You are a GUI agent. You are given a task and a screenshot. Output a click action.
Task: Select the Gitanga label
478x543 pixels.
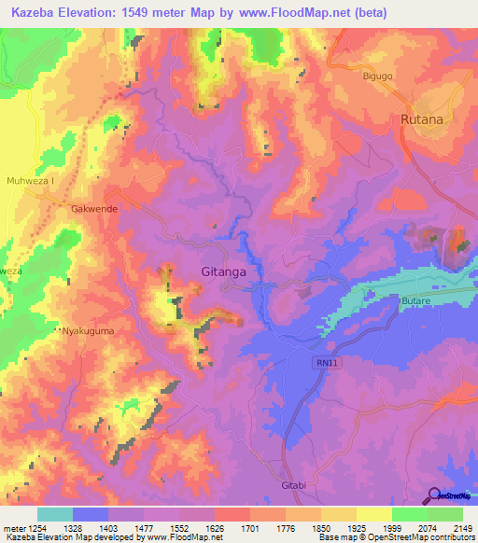pyautogui.click(x=223, y=272)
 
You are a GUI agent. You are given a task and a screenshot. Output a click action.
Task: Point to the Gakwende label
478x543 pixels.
pyautogui.click(x=94, y=209)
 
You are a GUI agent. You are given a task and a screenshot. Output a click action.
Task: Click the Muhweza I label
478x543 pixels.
pyautogui.click(x=31, y=180)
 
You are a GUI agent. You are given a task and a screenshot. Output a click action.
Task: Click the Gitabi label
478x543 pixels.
pyautogui.click(x=293, y=486)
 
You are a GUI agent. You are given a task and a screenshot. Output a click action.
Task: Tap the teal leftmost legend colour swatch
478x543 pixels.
pyautogui.click(x=55, y=514)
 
